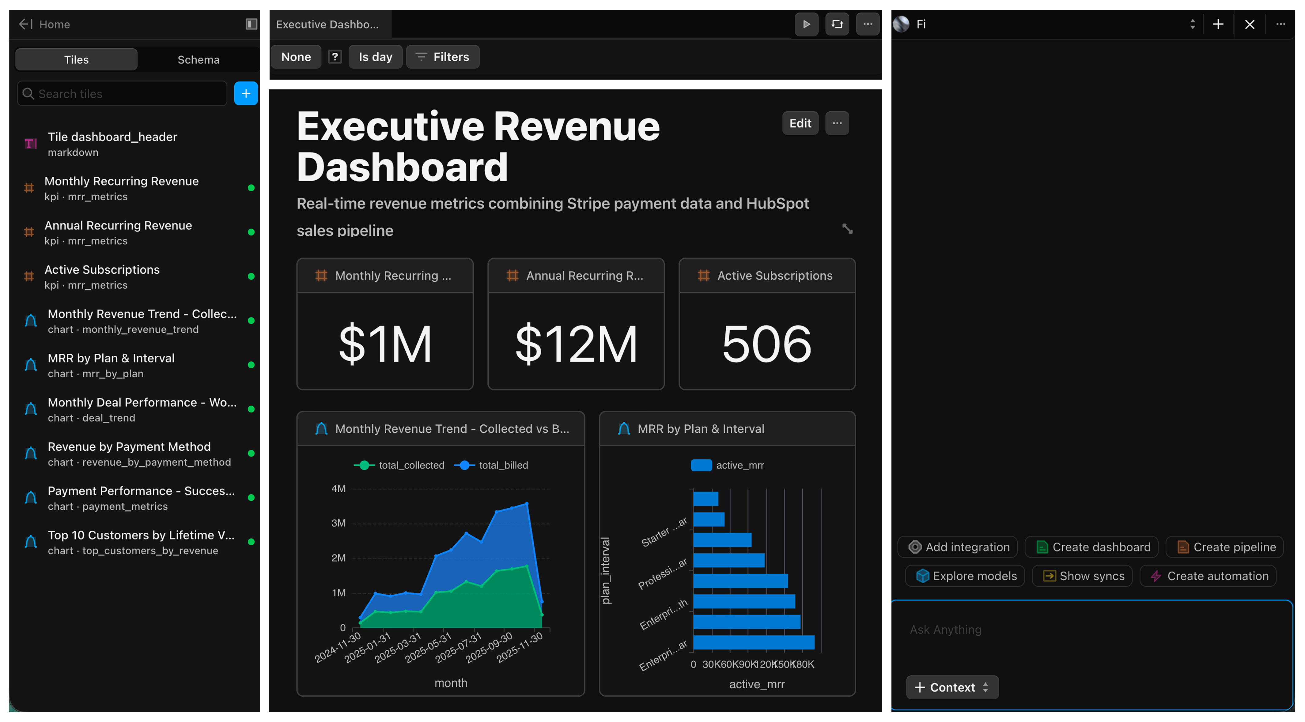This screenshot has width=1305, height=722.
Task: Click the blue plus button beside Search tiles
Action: pos(246,94)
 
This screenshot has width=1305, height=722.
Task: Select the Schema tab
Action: pos(198,60)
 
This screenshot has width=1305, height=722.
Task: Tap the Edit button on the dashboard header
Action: pos(800,123)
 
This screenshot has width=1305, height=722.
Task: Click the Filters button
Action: pos(442,57)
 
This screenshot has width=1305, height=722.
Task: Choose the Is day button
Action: pos(375,57)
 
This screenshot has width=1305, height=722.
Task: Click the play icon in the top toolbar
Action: pos(806,24)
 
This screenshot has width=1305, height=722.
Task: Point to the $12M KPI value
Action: pos(576,344)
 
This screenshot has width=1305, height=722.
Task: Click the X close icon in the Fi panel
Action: pos(1249,24)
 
